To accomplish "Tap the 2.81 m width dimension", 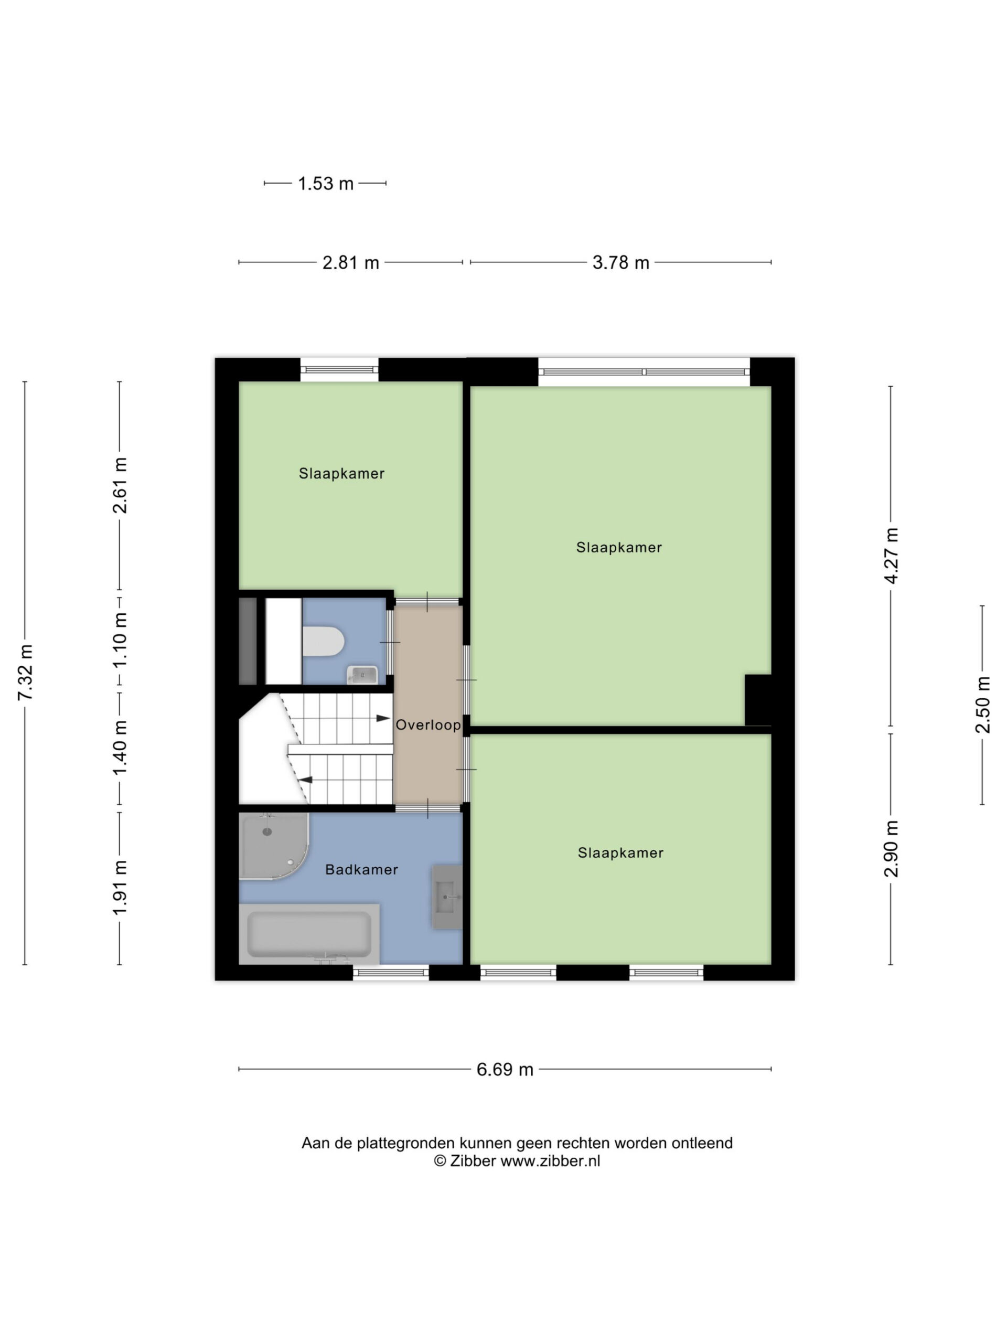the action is click(350, 262).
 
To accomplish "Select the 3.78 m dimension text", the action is click(620, 262).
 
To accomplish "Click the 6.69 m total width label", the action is click(505, 1069).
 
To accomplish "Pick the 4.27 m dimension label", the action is click(891, 556).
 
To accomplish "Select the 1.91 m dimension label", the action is click(120, 888).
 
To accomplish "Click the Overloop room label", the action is click(428, 725).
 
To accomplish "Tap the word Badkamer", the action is click(362, 869).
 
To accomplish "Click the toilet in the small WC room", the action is click(323, 641).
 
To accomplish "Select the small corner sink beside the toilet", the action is click(362, 675).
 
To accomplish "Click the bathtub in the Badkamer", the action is click(309, 934).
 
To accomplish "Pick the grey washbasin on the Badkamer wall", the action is click(447, 897).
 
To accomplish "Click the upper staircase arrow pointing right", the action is click(383, 718).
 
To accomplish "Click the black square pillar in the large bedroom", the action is click(758, 699).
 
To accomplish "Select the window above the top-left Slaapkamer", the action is click(339, 369).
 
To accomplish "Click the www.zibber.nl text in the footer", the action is click(550, 1161).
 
